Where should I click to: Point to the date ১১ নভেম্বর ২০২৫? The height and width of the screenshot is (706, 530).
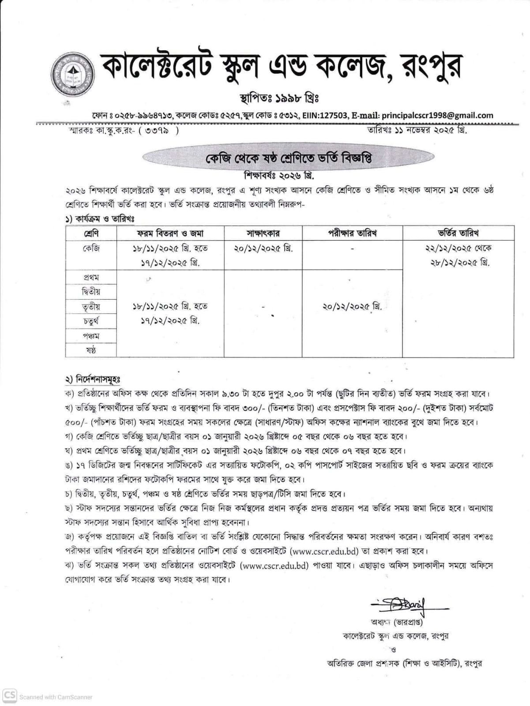(422, 130)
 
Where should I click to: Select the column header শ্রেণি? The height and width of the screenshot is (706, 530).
(91, 233)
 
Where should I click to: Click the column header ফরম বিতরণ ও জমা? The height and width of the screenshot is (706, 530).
(170, 233)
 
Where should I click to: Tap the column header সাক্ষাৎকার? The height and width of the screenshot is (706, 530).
(263, 233)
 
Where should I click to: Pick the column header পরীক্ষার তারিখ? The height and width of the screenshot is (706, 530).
(352, 233)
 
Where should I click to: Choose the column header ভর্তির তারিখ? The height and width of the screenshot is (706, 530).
(458, 233)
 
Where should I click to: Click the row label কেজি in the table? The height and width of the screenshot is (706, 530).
(91, 248)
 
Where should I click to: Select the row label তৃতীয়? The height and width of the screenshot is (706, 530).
(91, 306)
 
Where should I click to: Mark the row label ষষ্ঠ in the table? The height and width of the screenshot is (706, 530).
(91, 350)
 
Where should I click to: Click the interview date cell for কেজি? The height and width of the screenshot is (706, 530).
(263, 248)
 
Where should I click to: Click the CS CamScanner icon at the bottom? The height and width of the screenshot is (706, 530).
(10, 696)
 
